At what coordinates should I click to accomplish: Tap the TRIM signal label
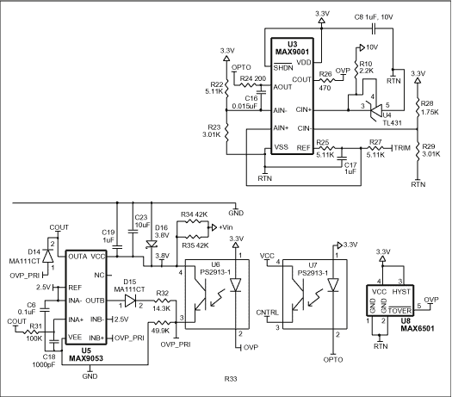click(401, 150)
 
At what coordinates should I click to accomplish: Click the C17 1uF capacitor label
click(350, 167)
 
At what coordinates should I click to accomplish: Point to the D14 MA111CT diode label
click(29, 255)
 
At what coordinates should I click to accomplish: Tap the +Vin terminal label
click(226, 226)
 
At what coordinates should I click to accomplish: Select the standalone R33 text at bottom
click(231, 378)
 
